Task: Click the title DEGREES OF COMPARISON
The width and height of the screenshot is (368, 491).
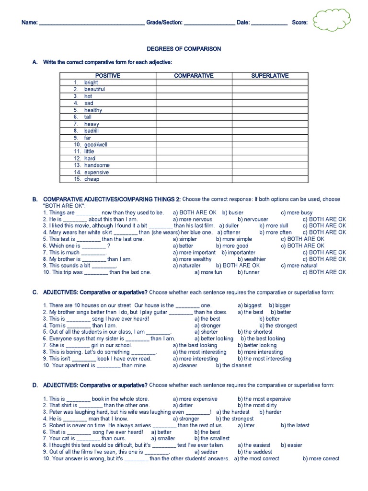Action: click(x=184, y=49)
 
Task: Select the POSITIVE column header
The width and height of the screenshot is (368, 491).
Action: click(x=107, y=76)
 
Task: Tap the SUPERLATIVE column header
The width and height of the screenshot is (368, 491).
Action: click(x=270, y=76)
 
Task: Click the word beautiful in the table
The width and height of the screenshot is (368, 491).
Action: click(x=94, y=89)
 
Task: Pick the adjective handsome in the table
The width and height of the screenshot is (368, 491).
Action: click(x=97, y=165)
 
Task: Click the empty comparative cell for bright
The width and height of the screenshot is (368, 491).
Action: click(x=194, y=82)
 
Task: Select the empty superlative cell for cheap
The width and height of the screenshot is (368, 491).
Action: click(x=270, y=179)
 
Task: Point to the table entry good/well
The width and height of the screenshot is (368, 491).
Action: click(x=96, y=144)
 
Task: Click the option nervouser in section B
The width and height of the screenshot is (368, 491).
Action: click(x=256, y=219)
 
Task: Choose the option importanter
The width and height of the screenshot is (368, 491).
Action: click(x=241, y=252)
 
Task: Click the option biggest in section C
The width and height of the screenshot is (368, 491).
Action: click(x=253, y=305)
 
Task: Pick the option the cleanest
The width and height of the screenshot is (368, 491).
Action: click(x=236, y=365)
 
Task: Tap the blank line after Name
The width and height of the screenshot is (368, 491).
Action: click(x=91, y=23)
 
